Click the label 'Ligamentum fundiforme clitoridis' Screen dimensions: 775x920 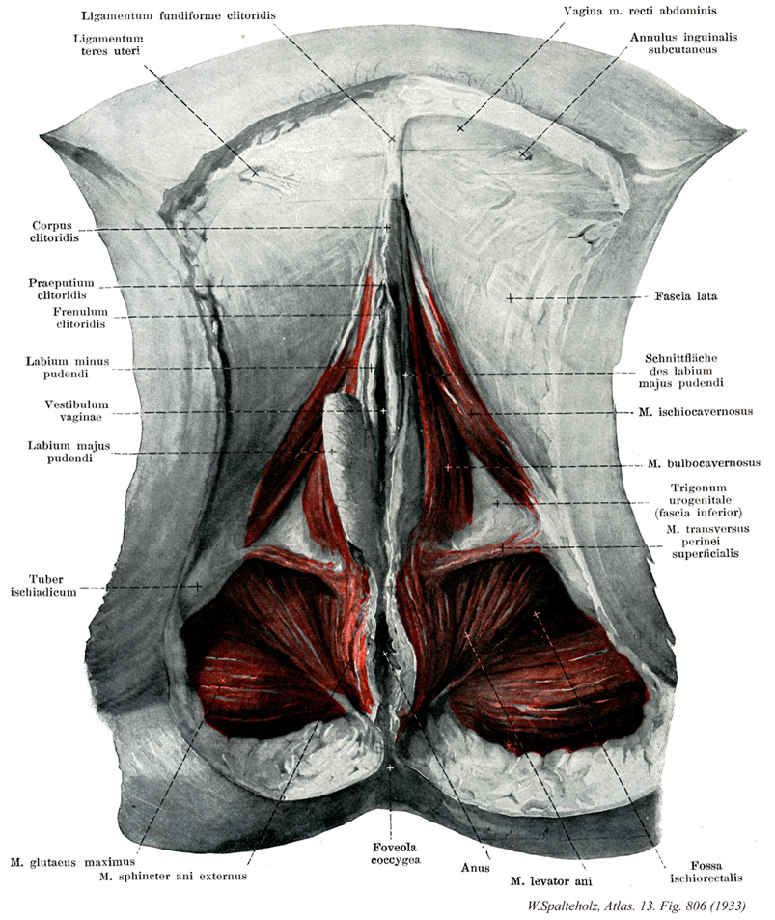pyautogui.click(x=179, y=15)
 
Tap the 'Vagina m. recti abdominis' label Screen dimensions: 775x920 pyautogui.click(x=640, y=11)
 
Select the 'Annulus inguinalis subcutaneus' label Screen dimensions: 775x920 pyautogui.click(x=683, y=42)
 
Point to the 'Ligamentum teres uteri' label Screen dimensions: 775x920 pyautogui.click(x=108, y=44)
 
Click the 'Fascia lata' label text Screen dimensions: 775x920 pyautogui.click(x=686, y=296)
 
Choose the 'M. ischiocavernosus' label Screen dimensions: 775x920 pyautogui.click(x=695, y=412)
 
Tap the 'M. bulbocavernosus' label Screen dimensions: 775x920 pyautogui.click(x=704, y=463)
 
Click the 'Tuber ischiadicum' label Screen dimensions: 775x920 pyautogui.click(x=44, y=586)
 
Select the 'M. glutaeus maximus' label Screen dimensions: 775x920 pyautogui.click(x=72, y=862)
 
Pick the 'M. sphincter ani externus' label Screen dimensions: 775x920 pyautogui.click(x=173, y=877)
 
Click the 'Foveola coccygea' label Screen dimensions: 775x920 pyautogui.click(x=395, y=853)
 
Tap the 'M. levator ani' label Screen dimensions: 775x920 pyautogui.click(x=551, y=881)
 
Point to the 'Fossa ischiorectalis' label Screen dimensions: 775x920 pyautogui.click(x=706, y=872)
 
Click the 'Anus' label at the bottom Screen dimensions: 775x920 pyautogui.click(x=475, y=867)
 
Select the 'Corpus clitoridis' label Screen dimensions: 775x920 pyautogui.click(x=54, y=231)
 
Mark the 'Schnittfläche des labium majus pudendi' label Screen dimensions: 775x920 pyautogui.click(x=680, y=371)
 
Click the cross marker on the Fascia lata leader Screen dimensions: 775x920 pyautogui.click(x=511, y=298)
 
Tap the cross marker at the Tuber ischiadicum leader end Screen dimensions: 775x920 pyautogui.click(x=198, y=586)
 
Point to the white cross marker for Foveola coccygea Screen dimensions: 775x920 pyautogui.click(x=390, y=767)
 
